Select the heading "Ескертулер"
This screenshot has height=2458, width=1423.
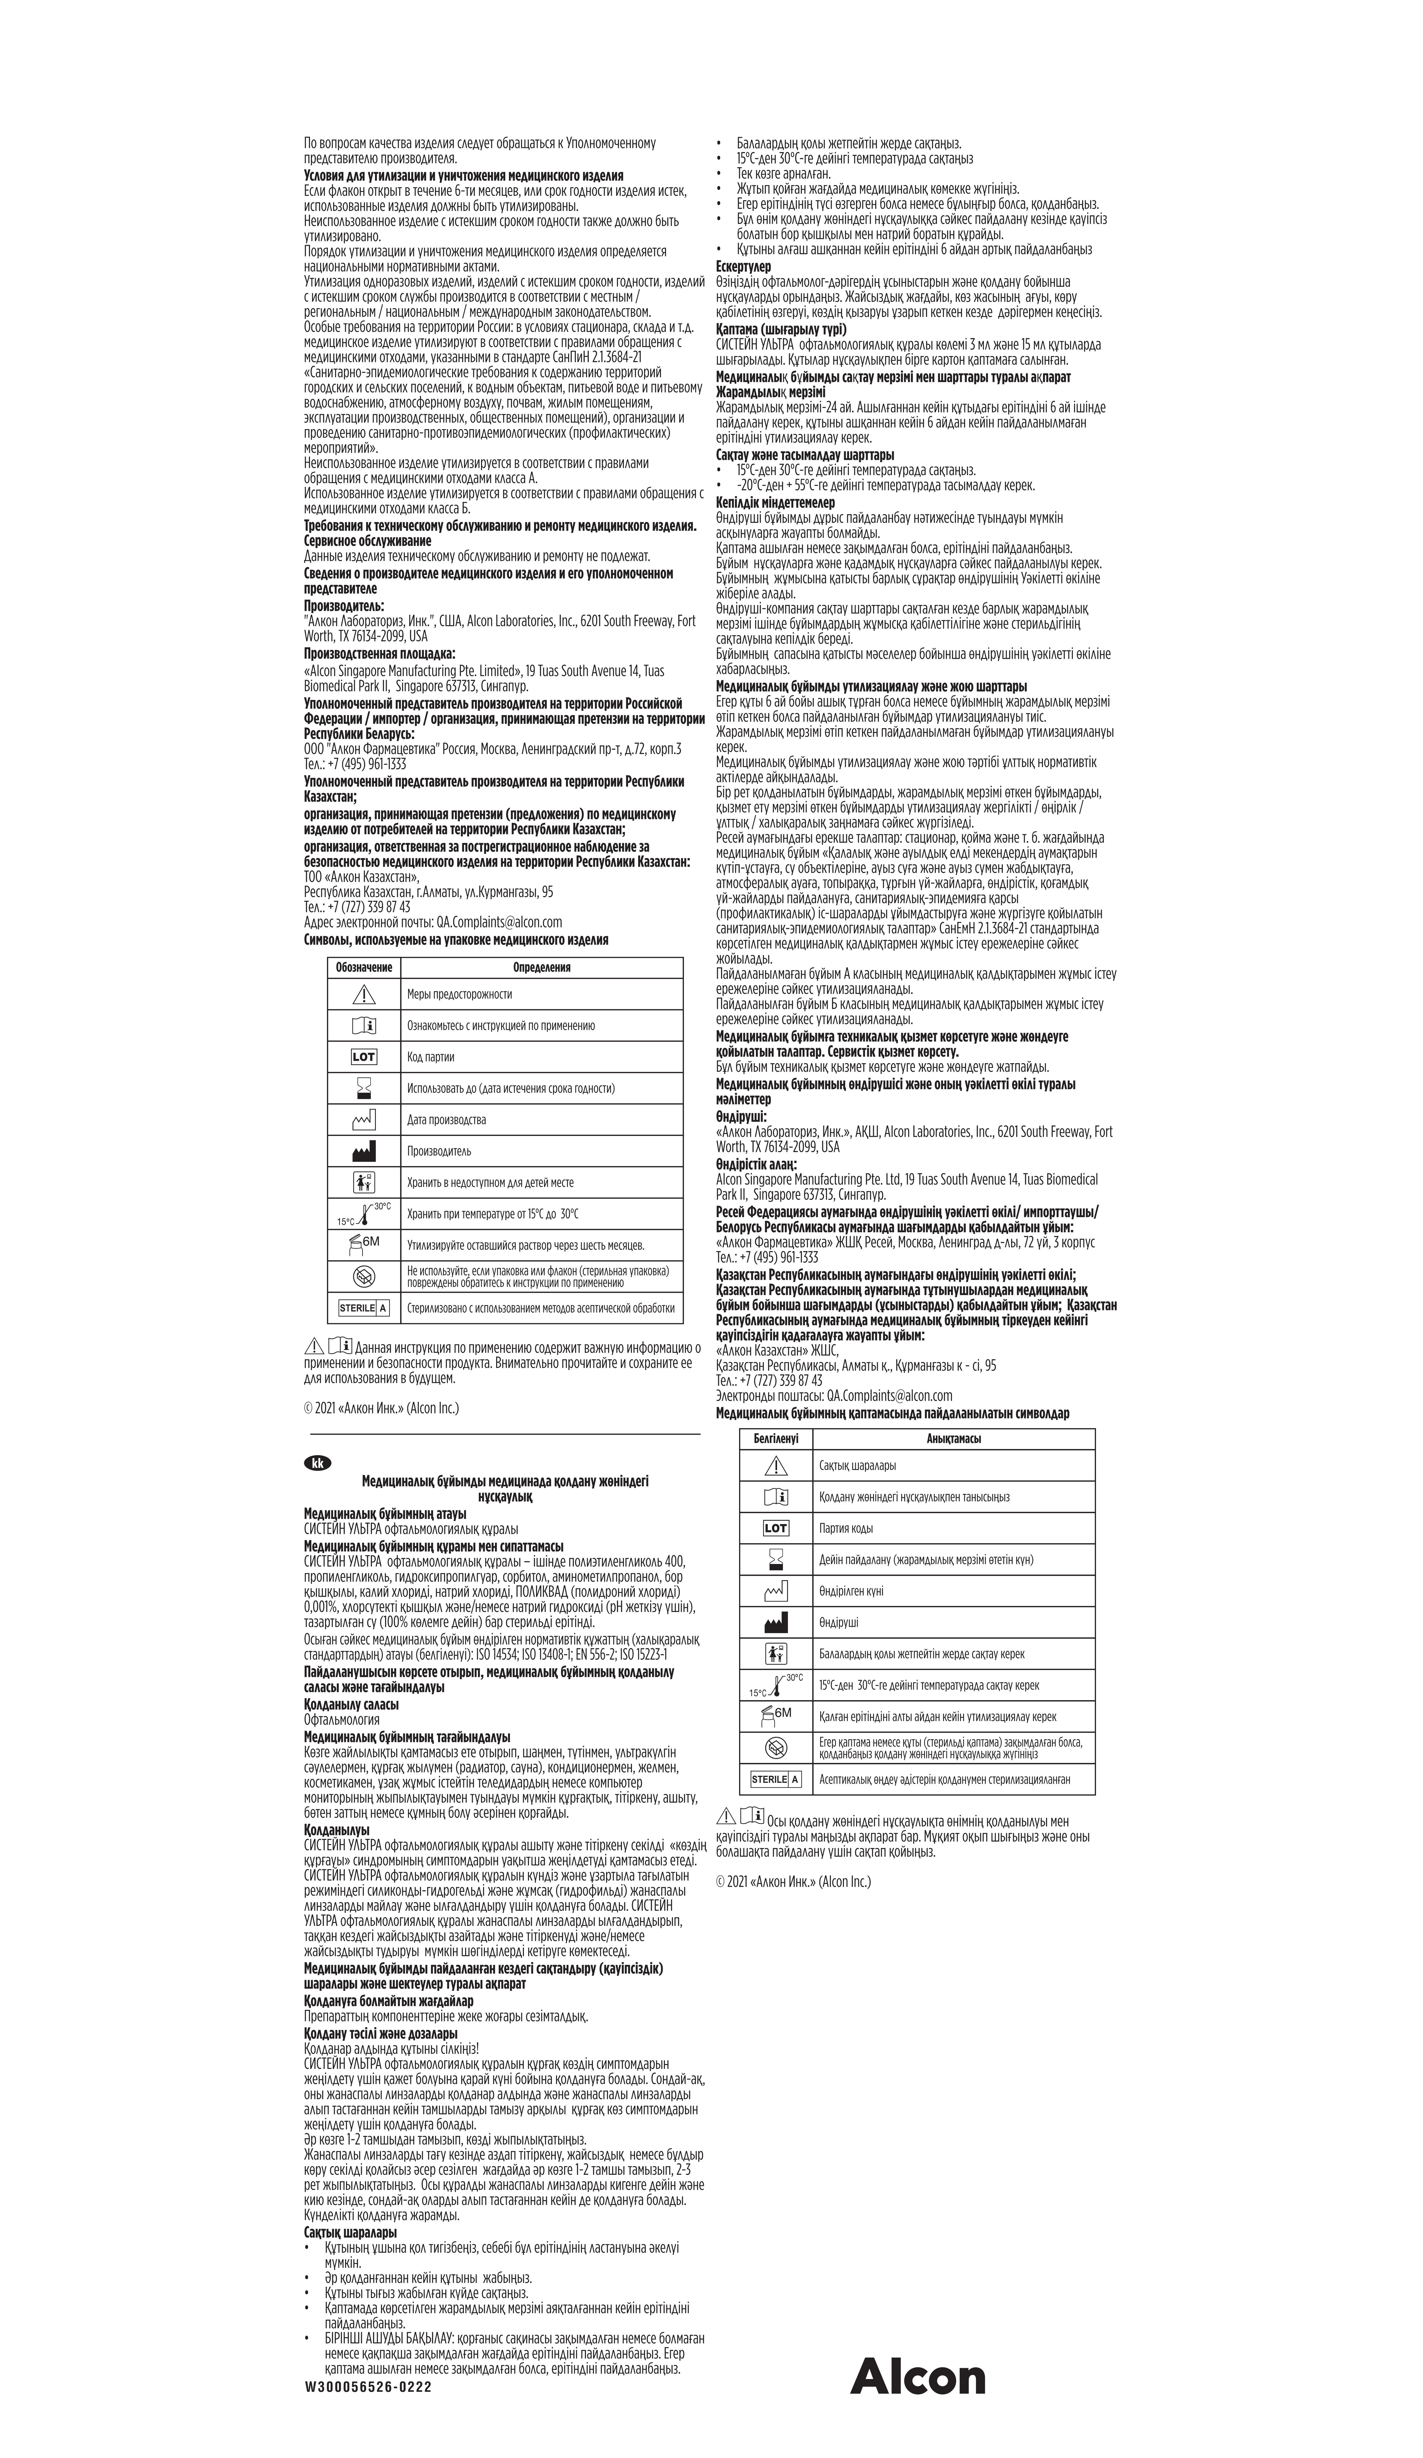tap(743, 266)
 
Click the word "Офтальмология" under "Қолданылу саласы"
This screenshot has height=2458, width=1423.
tap(341, 1719)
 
